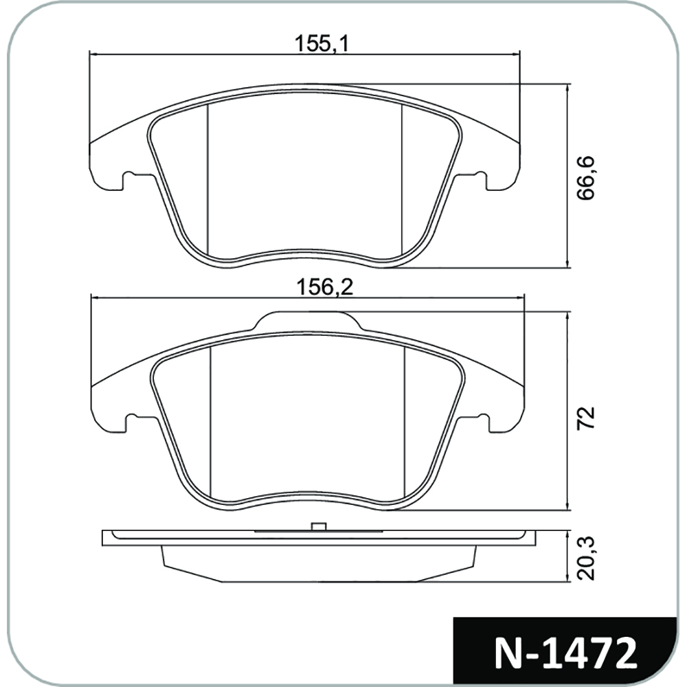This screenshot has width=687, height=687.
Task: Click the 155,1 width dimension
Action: (x=321, y=44)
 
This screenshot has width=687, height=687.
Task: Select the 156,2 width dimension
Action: (x=325, y=288)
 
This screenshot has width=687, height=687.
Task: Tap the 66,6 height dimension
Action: (x=585, y=177)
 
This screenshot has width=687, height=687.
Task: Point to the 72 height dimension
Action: (x=586, y=418)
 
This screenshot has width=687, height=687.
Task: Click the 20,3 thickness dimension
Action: (x=586, y=558)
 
